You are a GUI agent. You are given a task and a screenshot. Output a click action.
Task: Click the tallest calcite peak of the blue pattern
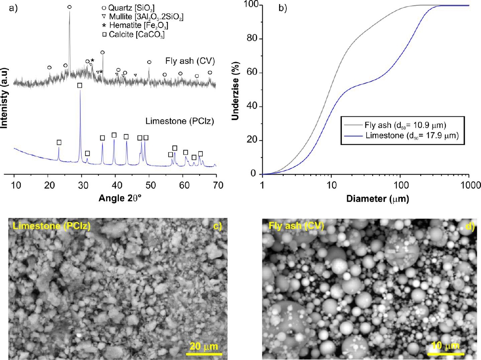(80, 92)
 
